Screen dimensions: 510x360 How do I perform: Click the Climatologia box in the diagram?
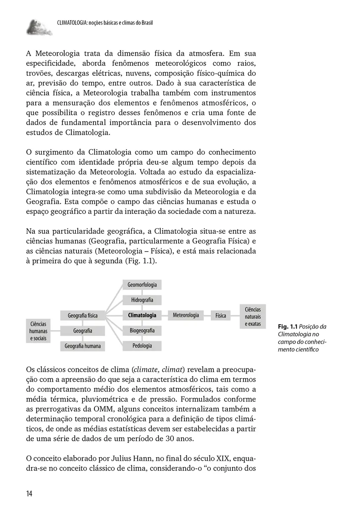click(x=142, y=315)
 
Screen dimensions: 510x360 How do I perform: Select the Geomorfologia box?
click(x=142, y=285)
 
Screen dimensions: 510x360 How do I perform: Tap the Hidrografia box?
click(x=142, y=300)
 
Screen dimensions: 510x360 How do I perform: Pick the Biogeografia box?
click(x=142, y=330)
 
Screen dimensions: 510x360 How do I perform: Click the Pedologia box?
click(x=142, y=346)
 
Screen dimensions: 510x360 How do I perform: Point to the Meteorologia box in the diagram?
click(x=186, y=315)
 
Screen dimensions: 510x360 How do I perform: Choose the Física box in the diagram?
click(x=221, y=315)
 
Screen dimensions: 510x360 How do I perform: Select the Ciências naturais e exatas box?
click(x=253, y=317)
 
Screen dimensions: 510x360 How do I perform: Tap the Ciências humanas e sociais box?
click(x=38, y=331)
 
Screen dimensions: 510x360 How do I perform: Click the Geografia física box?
click(x=82, y=315)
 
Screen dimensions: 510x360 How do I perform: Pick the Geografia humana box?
click(x=82, y=346)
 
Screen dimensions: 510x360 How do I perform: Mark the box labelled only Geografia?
click(x=82, y=331)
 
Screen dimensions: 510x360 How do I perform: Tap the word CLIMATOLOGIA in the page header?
click(x=70, y=23)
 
